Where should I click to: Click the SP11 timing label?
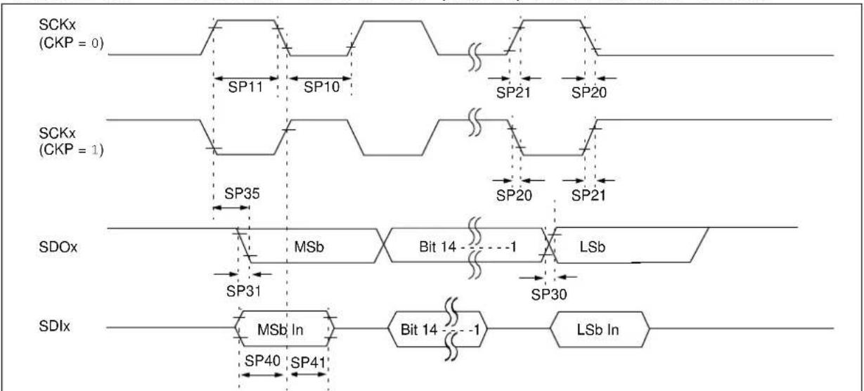pyautogui.click(x=245, y=86)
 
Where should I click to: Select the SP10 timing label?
pyautogui.click(x=321, y=86)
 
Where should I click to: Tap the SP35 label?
pyautogui.click(x=242, y=193)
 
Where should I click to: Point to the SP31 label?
pyautogui.click(x=243, y=290)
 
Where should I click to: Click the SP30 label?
pyautogui.click(x=549, y=295)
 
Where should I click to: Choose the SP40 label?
pyautogui.click(x=262, y=361)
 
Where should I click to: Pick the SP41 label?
pyautogui.click(x=308, y=363)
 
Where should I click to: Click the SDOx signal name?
pyautogui.click(x=58, y=247)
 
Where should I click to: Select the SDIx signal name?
pyautogui.click(x=54, y=326)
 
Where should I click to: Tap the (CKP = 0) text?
pyautogui.click(x=72, y=43)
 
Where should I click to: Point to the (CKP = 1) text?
pyautogui.click(x=72, y=149)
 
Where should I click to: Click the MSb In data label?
pyautogui.click(x=281, y=330)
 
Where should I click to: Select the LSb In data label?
pyautogui.click(x=598, y=330)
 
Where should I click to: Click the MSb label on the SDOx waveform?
pyautogui.click(x=309, y=247)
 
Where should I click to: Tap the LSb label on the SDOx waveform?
pyautogui.click(x=593, y=247)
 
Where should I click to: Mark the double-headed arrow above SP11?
pyautogui.click(x=246, y=78)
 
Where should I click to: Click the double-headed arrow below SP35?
pyautogui.click(x=231, y=207)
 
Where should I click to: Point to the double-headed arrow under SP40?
pyautogui.click(x=262, y=374)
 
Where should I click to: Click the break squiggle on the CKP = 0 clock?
pyautogui.click(x=475, y=57)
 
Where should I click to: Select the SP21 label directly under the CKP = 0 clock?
pyautogui.click(x=513, y=93)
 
